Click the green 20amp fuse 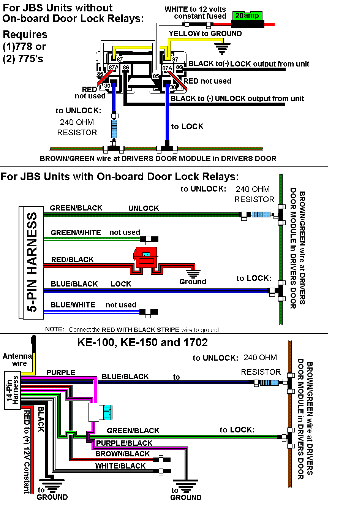click(x=247, y=16)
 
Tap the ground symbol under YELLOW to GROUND click(x=222, y=48)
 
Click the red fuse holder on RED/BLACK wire click(x=146, y=257)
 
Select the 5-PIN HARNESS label click(x=32, y=262)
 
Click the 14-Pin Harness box click(x=12, y=390)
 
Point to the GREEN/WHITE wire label click(x=76, y=233)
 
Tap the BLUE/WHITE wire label click(x=73, y=305)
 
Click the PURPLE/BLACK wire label click(x=124, y=443)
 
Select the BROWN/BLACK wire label click(x=122, y=454)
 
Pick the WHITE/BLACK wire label click(x=120, y=466)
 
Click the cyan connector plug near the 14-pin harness click(x=107, y=412)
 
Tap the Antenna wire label click(x=17, y=359)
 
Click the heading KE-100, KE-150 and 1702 click(x=142, y=342)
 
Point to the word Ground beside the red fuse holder click(x=193, y=282)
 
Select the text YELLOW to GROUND click(x=205, y=33)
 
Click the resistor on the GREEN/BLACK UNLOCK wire click(x=261, y=214)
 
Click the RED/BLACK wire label click(x=72, y=260)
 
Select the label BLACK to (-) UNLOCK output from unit click(x=237, y=98)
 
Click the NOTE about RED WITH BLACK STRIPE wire click(x=133, y=329)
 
